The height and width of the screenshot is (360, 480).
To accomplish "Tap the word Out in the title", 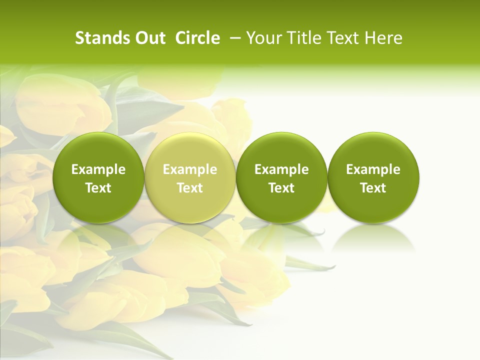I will point(150,38).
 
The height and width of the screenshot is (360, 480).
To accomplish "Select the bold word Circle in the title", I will point(197,38).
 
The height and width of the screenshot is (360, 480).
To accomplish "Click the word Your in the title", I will point(263,38).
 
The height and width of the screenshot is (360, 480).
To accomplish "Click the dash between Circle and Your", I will point(233,38).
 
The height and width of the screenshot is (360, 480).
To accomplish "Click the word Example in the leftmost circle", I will point(98,169).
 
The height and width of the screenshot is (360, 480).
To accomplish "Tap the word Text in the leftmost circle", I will point(98,188).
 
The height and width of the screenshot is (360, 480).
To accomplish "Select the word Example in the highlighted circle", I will point(190,169).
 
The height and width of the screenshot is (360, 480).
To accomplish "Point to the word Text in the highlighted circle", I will point(190,188).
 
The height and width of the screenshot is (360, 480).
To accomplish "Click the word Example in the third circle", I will point(281,169).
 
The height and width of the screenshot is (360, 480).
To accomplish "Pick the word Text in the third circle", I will point(281,188).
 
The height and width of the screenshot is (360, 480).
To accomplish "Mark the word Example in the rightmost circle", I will point(373,169).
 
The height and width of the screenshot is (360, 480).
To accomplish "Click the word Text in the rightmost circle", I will point(373,188).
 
